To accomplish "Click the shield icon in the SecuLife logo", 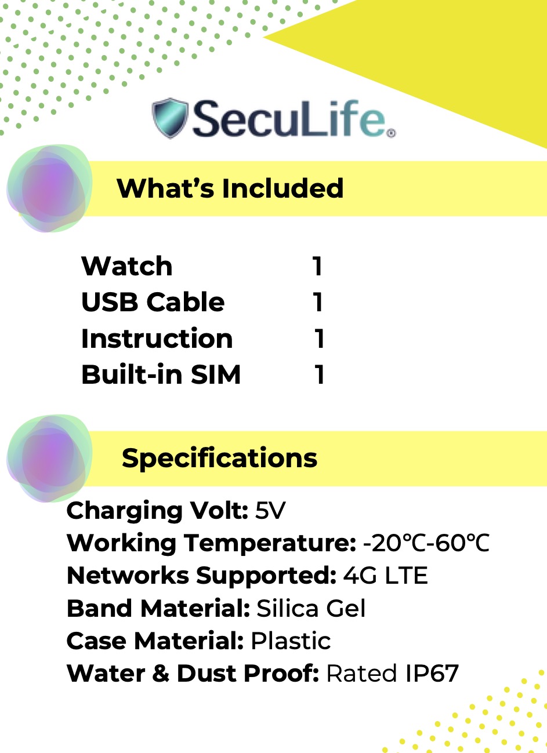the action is click(x=170, y=118).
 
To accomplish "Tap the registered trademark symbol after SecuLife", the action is click(x=391, y=133).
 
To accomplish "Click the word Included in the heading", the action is click(x=282, y=188).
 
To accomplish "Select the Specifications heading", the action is click(x=219, y=458).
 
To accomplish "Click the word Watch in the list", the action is click(x=127, y=266).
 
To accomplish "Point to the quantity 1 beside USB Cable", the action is click(x=317, y=302).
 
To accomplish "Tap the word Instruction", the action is click(x=157, y=338).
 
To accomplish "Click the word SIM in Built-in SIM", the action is click(x=216, y=374).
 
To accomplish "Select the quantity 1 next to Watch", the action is click(x=317, y=266).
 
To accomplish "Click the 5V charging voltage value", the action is click(x=270, y=511).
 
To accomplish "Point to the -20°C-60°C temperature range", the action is click(x=426, y=543).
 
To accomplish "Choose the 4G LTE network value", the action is click(x=385, y=576).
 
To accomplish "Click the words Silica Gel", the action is click(x=311, y=608).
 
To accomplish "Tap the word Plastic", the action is click(x=291, y=641).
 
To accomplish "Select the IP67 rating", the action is click(x=432, y=674).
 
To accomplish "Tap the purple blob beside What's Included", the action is click(x=49, y=188).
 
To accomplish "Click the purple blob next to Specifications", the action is click(x=49, y=458).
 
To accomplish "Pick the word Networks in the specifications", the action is click(x=128, y=576).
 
